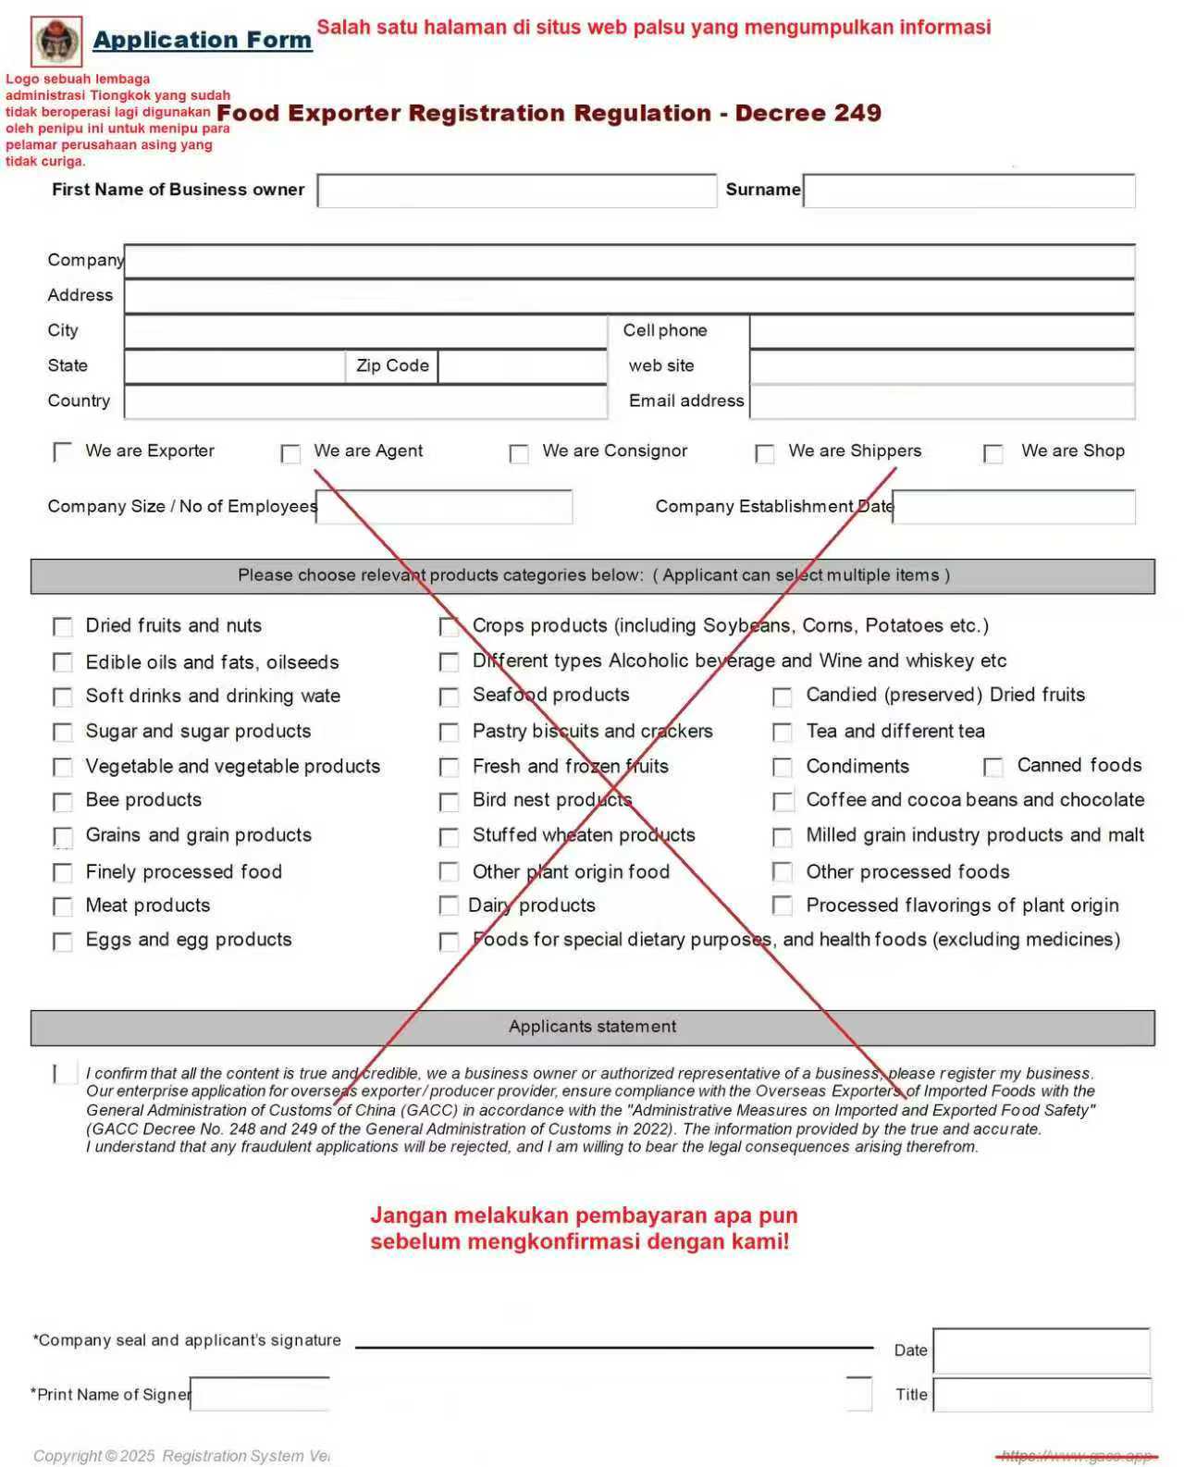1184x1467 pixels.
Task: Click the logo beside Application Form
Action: [57, 42]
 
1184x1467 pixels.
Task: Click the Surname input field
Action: [968, 191]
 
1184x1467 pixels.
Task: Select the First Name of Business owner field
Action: [516, 191]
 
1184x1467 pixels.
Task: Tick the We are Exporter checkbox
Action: [63, 451]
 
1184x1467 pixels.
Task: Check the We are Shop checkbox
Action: [993, 453]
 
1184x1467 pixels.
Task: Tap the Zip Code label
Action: [392, 365]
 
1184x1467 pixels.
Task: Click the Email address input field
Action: [942, 401]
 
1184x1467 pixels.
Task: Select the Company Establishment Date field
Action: [1013, 507]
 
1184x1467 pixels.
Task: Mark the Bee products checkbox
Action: [63, 801]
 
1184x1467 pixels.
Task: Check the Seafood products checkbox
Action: [449, 697]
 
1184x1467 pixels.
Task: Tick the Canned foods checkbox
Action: [993, 767]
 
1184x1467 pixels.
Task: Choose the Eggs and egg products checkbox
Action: [63, 942]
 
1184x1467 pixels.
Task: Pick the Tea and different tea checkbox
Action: [783, 733]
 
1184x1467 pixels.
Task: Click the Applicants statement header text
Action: [592, 1027]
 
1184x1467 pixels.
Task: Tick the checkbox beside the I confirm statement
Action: [65, 1073]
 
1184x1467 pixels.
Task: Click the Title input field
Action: [1042, 1395]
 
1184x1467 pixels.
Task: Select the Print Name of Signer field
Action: [260, 1394]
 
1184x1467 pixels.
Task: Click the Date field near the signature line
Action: [1041, 1350]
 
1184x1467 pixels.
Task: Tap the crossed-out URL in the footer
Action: [1077, 1456]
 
